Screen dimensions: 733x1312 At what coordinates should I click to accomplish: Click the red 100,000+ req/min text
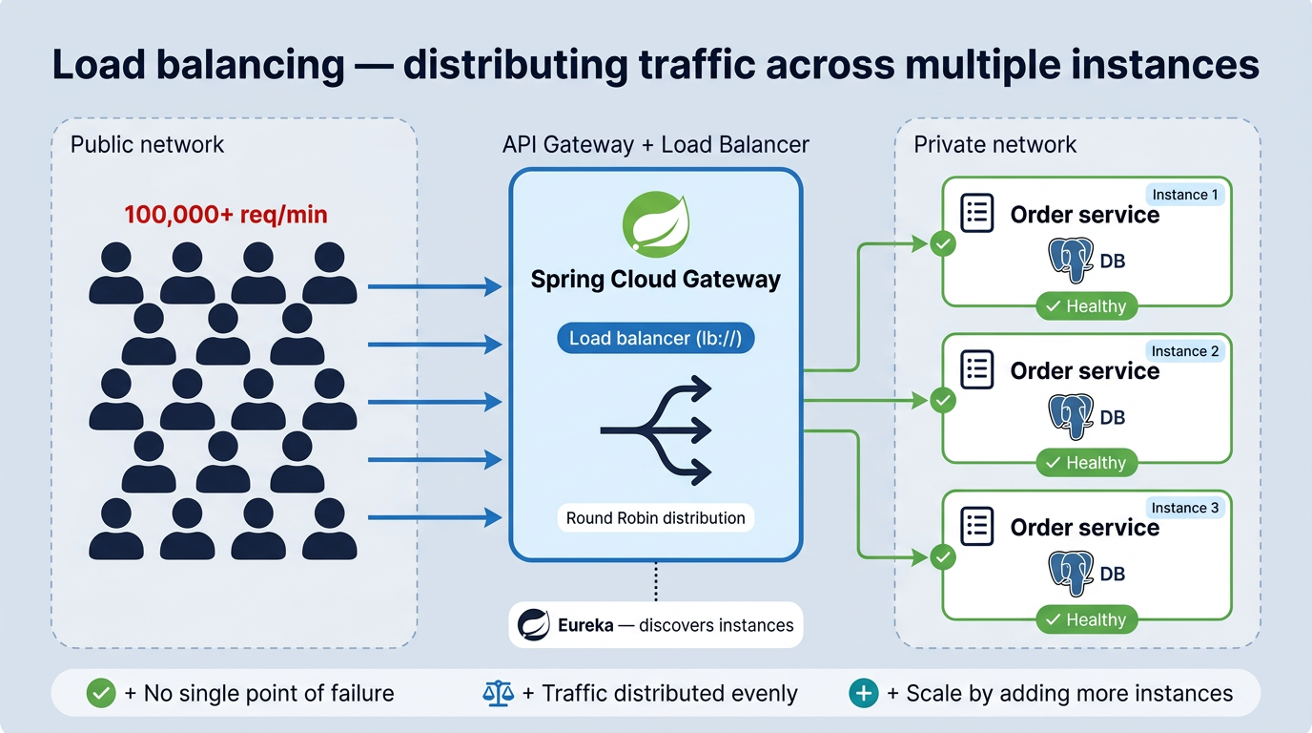tap(226, 215)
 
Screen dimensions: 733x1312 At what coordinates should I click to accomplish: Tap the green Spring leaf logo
tap(655, 227)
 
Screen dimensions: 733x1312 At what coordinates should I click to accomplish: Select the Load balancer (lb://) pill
tap(655, 338)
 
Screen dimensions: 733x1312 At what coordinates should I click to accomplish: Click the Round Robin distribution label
tap(655, 518)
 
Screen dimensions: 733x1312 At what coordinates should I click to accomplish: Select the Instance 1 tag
tap(1185, 195)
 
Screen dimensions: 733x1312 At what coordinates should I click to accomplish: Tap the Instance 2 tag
tap(1185, 351)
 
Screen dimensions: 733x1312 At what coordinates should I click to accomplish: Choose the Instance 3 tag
tap(1185, 508)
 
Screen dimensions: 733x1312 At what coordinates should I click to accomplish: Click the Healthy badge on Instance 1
tap(1086, 306)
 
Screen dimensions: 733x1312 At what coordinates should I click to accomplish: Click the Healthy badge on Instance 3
tap(1086, 619)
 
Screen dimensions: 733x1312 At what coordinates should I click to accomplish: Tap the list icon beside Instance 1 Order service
tap(977, 214)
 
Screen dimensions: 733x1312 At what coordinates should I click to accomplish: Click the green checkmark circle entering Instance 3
tap(943, 556)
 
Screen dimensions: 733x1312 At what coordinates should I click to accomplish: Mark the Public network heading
tap(148, 145)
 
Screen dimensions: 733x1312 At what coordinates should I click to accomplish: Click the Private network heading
tap(994, 145)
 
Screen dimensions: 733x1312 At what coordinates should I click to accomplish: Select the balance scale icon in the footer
tap(498, 694)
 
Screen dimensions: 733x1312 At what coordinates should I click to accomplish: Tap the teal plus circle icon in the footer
tap(864, 694)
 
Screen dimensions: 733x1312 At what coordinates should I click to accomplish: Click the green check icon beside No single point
tap(101, 694)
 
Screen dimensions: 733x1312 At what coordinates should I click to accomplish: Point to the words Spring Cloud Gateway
tap(655, 280)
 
